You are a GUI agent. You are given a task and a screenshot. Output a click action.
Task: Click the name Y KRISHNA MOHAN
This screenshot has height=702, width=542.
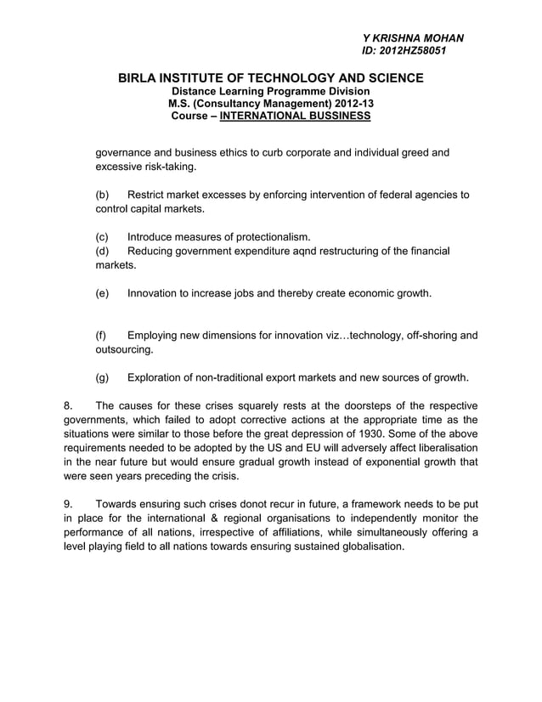pos(413,38)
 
